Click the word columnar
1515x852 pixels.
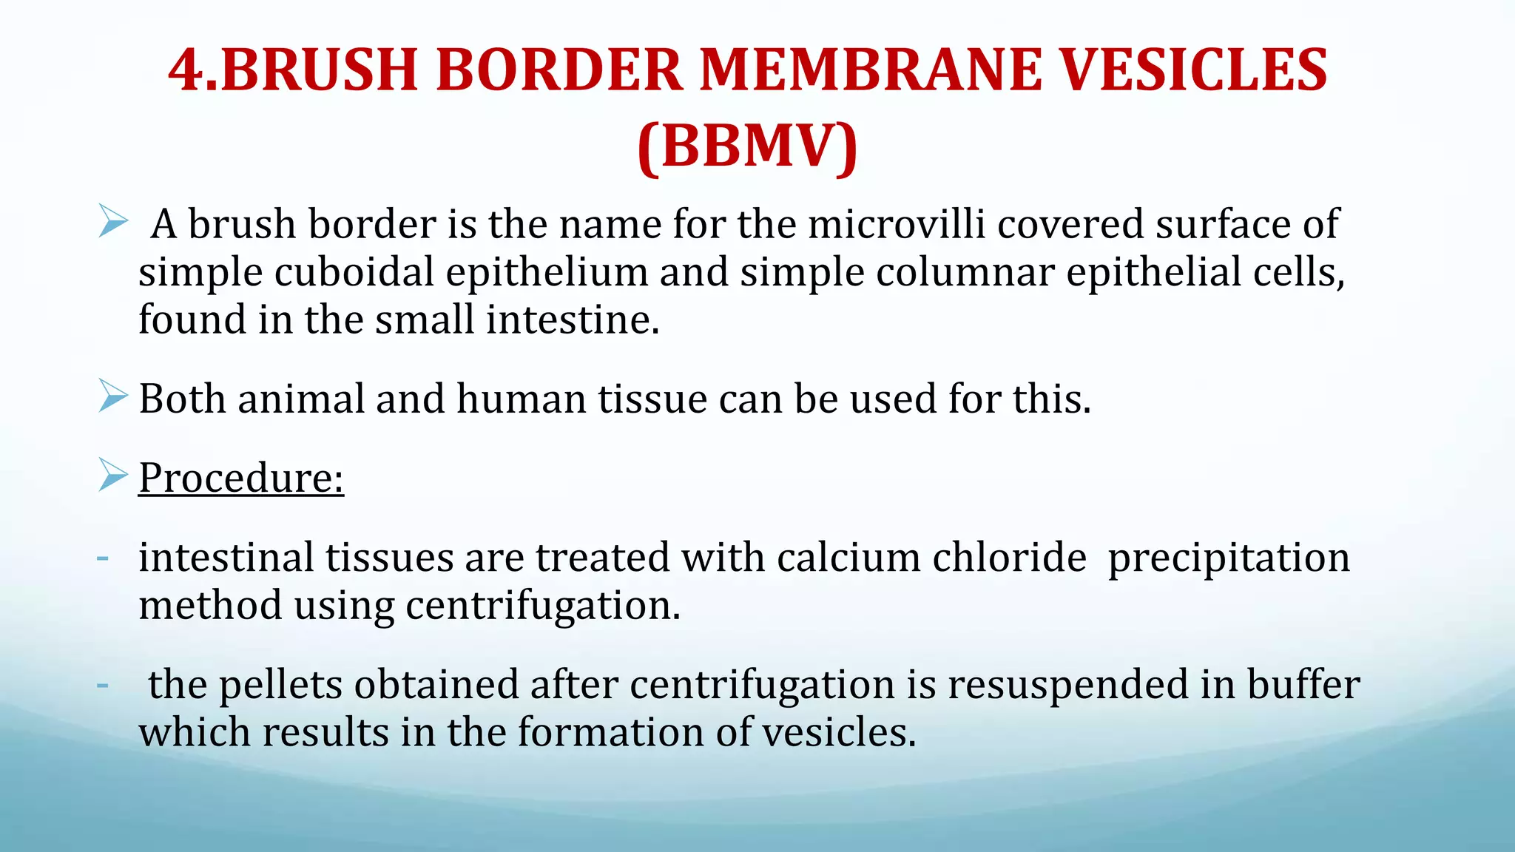[965, 273]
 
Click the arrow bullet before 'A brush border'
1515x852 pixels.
[113, 222]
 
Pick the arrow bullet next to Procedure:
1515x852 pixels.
[113, 475]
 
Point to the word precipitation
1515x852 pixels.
[1228, 559]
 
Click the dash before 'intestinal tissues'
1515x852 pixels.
[103, 558]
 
